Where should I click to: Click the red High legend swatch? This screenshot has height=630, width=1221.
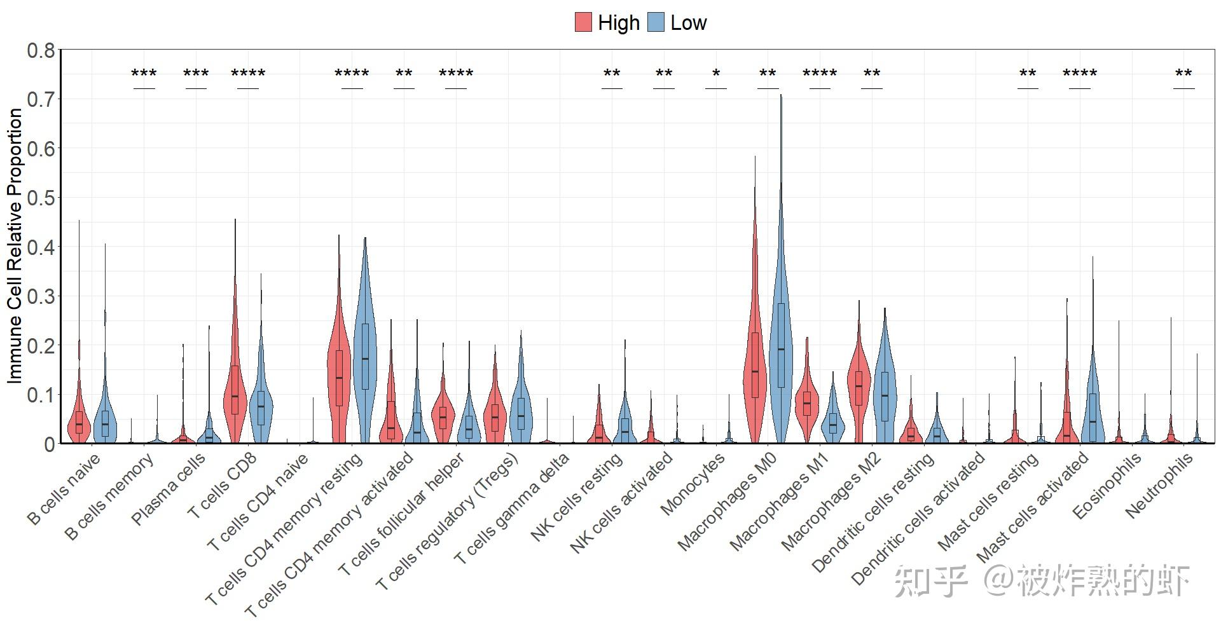pos(583,22)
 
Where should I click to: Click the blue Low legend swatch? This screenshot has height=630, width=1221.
pos(656,22)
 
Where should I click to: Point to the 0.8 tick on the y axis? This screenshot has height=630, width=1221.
pos(41,50)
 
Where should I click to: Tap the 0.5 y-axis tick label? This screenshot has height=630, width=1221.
pos(41,198)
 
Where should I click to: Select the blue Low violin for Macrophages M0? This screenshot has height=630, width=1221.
pos(781,331)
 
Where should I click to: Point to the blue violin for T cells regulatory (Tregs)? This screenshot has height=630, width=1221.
pos(521,407)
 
